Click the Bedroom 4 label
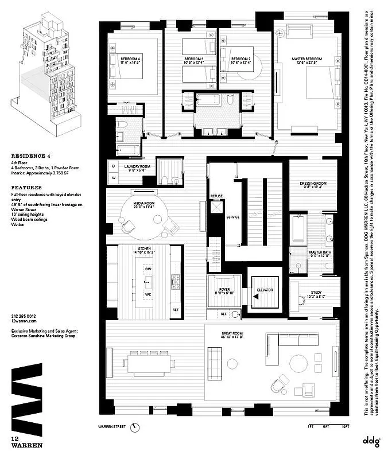[x=130, y=58]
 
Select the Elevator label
[x=266, y=290]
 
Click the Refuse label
[x=216, y=196]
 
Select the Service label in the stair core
[x=233, y=217]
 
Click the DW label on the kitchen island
[x=148, y=269]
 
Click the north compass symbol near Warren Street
[x=135, y=427]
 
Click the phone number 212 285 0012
[x=23, y=316]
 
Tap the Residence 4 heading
[x=27, y=155]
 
